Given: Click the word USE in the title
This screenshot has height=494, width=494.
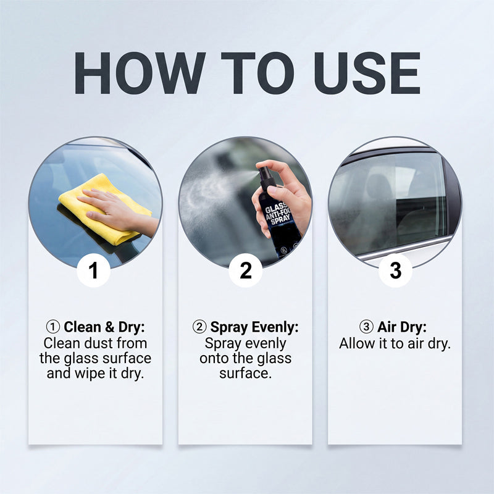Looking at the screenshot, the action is (367, 73).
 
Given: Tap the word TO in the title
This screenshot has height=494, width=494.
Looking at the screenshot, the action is (257, 73).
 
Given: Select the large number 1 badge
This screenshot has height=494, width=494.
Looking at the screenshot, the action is (93, 270).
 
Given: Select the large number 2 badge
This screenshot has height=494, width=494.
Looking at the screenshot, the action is (245, 270).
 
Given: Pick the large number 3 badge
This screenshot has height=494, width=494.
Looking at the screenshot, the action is (395, 270).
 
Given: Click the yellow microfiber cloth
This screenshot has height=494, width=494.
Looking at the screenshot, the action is (104, 209).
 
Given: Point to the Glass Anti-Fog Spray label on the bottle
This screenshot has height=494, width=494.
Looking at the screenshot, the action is (277, 215).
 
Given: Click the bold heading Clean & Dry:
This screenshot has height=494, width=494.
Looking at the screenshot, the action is (104, 327).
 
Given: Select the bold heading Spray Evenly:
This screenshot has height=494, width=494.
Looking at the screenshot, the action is (254, 327).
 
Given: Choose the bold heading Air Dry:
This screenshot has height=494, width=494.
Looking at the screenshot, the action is (402, 327).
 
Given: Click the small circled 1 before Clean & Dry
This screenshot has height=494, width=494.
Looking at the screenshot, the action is (52, 327).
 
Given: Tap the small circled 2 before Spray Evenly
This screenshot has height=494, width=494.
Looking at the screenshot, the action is (199, 327).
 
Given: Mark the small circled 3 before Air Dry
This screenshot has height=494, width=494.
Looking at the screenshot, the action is (366, 327).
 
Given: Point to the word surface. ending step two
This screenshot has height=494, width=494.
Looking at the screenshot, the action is (245, 374).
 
